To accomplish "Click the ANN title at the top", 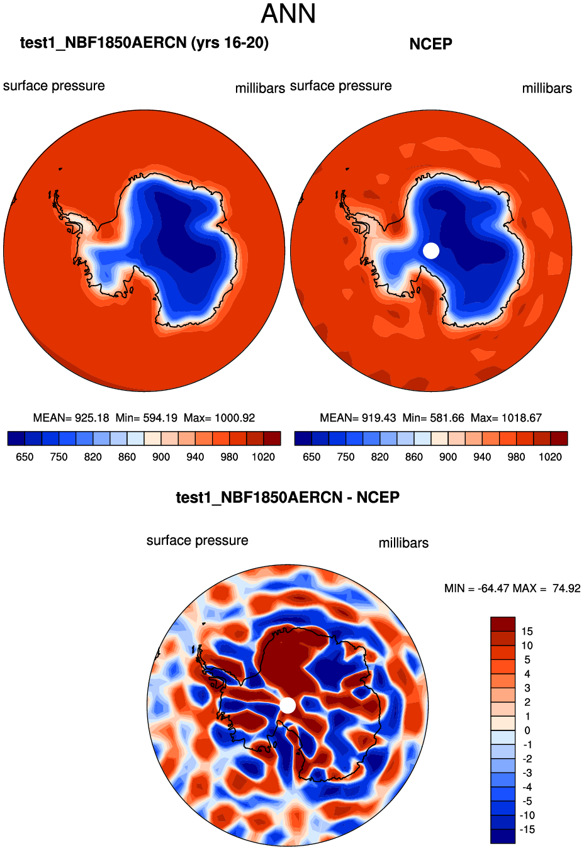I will [288, 14].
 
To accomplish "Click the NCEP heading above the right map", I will [430, 44].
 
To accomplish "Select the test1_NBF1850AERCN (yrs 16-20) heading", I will [144, 43].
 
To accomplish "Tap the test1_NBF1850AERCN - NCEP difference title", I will [288, 498].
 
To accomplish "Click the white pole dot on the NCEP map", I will [431, 250].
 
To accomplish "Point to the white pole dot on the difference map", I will [288, 705].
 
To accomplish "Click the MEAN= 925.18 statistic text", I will [71, 418].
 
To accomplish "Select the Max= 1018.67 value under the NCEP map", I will [506, 418].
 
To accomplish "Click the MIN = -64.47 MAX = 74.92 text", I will [512, 588].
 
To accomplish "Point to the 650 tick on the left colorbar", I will [25, 457].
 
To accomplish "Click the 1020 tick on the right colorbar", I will [550, 457].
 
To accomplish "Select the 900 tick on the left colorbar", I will [161, 457].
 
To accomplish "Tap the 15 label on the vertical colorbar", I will [527, 631].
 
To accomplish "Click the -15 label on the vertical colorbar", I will [527, 829].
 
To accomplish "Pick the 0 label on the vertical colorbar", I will [527, 730].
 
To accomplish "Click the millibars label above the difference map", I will [403, 543].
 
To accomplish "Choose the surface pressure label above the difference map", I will [197, 540].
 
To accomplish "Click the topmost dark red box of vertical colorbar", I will [503, 624].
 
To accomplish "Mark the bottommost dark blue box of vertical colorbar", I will [503, 836].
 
